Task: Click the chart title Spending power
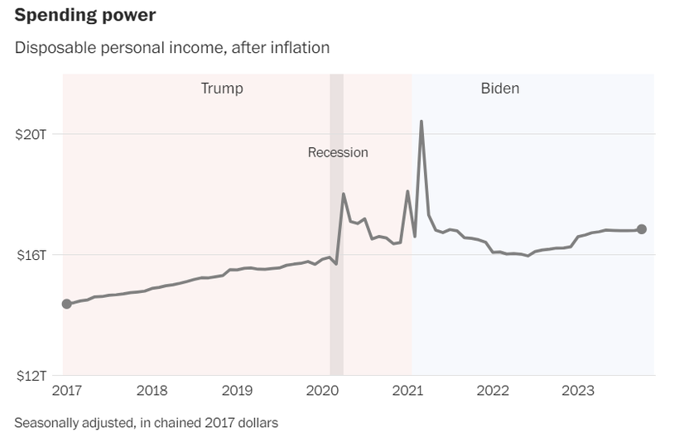(85, 15)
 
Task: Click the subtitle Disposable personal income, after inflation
(172, 47)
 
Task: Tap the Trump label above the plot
(222, 88)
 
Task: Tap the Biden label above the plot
(500, 88)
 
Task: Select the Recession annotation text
(338, 152)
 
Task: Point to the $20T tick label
(31, 134)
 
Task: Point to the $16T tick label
(31, 255)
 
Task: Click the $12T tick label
(31, 375)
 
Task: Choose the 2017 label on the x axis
(67, 391)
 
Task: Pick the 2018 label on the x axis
(152, 391)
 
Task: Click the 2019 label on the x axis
(238, 391)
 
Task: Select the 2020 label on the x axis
(323, 391)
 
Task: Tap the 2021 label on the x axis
(407, 391)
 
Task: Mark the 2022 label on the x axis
(493, 391)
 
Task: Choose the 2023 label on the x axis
(578, 391)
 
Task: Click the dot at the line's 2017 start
(67, 304)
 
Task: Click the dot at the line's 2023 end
(642, 229)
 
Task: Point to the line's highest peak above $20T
(421, 122)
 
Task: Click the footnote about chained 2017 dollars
(147, 422)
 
